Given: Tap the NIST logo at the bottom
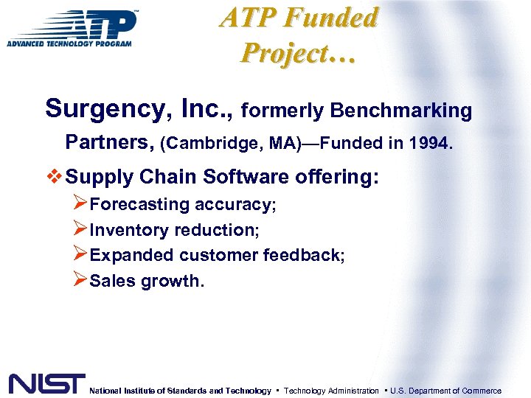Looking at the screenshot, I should (46, 384).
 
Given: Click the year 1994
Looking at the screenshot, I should (431, 142).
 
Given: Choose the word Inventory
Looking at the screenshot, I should (128, 230).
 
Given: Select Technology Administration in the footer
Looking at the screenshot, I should (331, 391).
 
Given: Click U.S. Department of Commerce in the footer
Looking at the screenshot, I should (445, 391).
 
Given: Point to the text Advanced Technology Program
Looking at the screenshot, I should (69, 43).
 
